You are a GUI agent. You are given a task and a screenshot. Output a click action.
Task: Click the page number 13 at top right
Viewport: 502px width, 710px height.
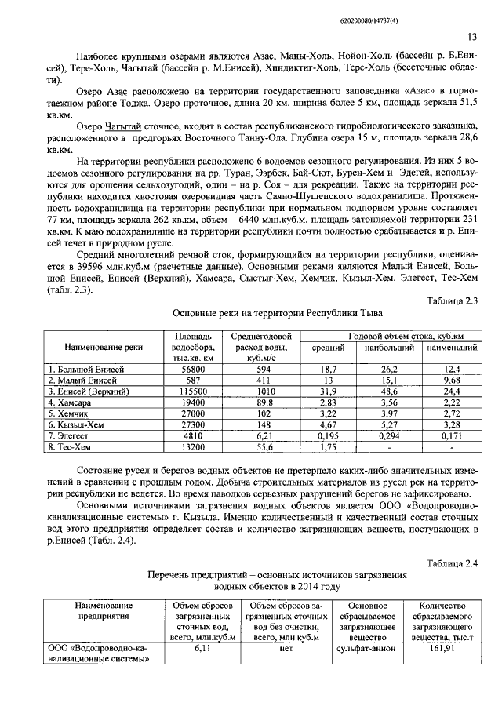point(472,37)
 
